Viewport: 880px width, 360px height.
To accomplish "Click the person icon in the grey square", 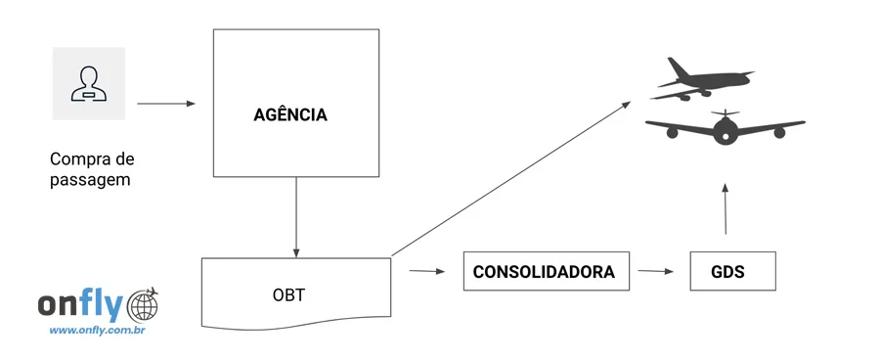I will coord(88,83).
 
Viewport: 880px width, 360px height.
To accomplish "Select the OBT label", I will coord(288,294).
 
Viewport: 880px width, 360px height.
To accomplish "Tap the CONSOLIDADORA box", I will coord(544,272).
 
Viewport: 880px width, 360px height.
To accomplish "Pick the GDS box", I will coord(729,272).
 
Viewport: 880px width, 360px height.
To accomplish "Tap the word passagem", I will coord(90,180).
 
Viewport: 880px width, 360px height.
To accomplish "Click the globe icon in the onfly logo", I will coord(143,306).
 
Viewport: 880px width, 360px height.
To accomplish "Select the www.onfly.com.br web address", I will coord(97,331).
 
